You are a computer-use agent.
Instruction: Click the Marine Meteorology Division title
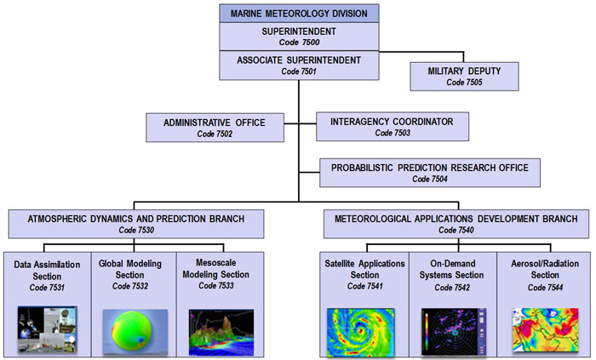click(299, 14)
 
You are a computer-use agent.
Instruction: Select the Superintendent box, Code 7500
click(299, 37)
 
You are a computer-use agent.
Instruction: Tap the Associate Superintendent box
click(299, 66)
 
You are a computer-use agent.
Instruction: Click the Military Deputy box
click(464, 77)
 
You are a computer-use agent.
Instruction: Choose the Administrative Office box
click(215, 128)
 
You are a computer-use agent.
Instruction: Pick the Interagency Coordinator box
click(393, 127)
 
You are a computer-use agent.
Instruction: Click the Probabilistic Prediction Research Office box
click(429, 173)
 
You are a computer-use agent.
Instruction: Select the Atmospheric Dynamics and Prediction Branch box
click(136, 224)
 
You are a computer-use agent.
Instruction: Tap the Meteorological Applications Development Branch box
click(456, 224)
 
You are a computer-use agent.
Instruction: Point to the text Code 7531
click(47, 288)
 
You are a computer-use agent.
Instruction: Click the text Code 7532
click(130, 286)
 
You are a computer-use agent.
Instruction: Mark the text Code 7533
click(216, 285)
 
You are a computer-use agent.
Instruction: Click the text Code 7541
click(364, 286)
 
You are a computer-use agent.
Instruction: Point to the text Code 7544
click(545, 288)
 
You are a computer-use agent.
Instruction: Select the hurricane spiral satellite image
click(361, 333)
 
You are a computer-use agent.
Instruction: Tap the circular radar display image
click(454, 332)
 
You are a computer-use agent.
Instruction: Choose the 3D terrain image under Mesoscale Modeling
click(221, 333)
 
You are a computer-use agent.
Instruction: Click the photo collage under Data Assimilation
click(47, 329)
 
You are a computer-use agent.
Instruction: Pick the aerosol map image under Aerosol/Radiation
click(545, 330)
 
